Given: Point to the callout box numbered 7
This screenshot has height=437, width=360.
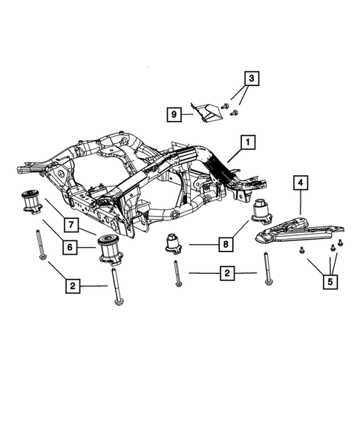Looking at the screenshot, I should click(68, 224).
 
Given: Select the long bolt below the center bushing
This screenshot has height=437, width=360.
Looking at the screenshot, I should click(177, 275).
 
